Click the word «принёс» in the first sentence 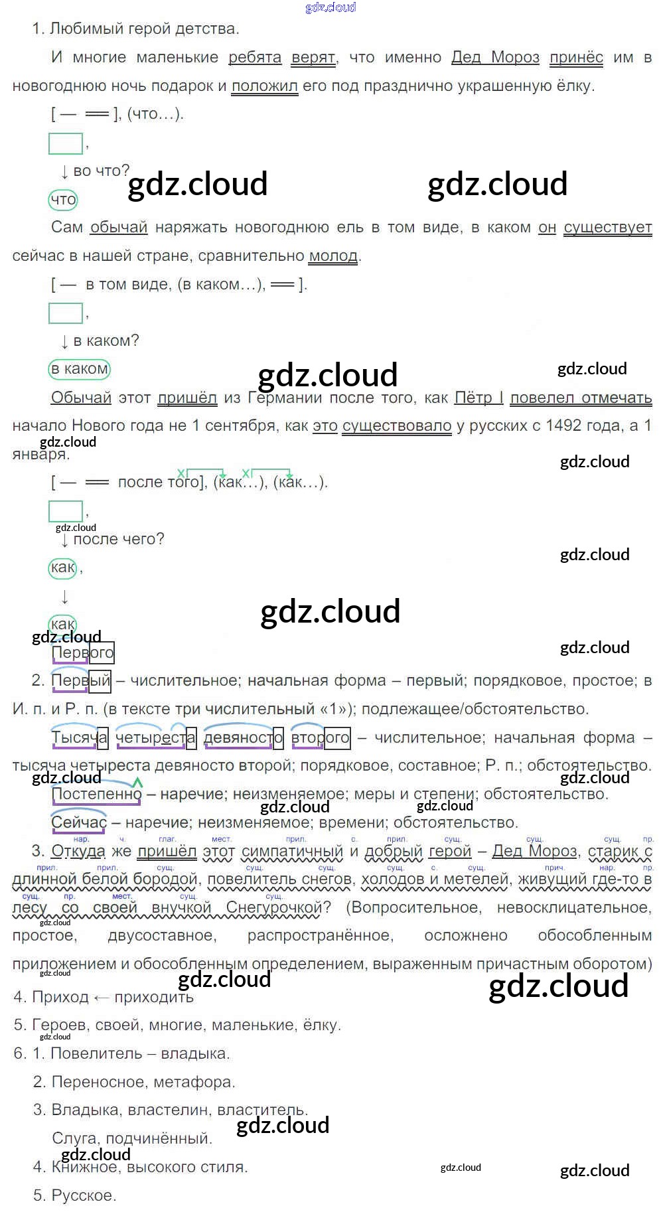pos(576,58)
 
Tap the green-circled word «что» pos(63,199)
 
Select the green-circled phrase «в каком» pos(79,369)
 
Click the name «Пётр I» pos(478,398)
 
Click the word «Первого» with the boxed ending pos(83,653)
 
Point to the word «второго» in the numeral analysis pos(321,737)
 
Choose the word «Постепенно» pos(97,795)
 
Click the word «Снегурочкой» pos(273,907)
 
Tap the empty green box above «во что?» pos(65,143)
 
